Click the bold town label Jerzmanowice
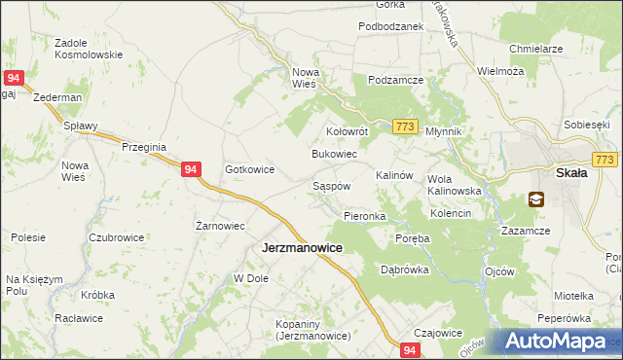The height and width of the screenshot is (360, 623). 302,248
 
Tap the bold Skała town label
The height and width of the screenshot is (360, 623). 570,173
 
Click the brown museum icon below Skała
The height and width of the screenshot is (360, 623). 536,199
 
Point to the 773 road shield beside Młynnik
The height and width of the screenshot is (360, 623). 407,127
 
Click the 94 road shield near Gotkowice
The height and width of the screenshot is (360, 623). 191,169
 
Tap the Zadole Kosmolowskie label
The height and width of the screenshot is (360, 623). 89,49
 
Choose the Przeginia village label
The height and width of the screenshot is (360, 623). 146,146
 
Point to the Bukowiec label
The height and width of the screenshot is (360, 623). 334,155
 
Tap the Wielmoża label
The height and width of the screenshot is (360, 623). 500,71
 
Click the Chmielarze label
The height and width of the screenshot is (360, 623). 536,48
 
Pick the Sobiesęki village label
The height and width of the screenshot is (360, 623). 586,126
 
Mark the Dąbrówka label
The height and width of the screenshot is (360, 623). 404,270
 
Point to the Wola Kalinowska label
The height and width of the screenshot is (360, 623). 455,185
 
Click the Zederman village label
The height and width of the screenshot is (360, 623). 56,99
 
